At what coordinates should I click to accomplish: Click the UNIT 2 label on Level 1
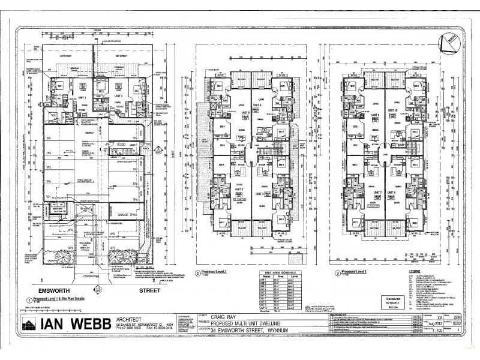point(118,96)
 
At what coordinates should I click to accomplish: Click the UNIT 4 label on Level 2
point(260,194)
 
